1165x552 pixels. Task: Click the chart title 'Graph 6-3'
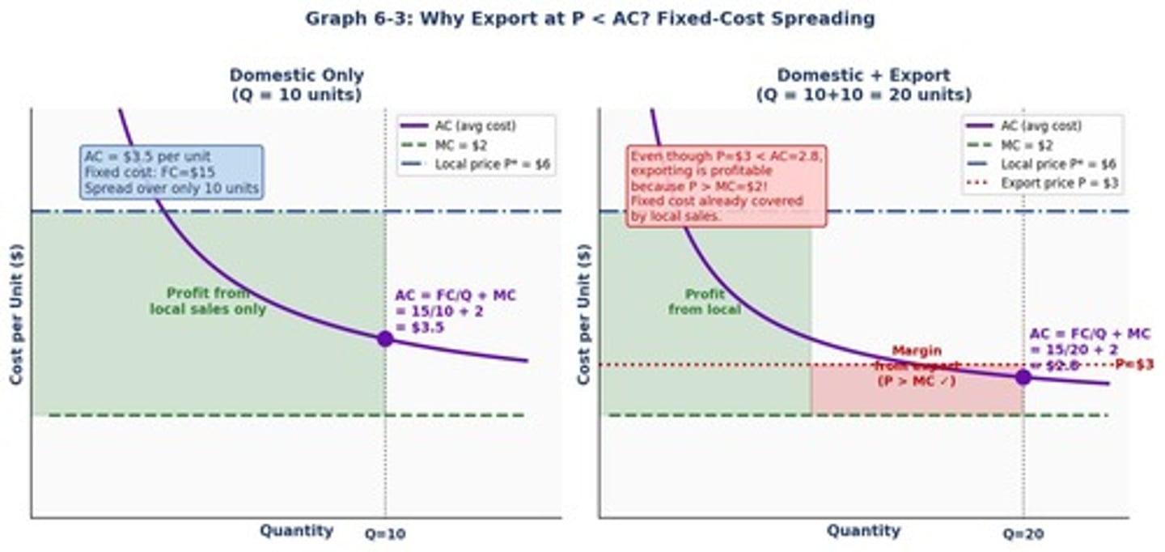coord(590,19)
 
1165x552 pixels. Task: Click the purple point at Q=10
coord(385,338)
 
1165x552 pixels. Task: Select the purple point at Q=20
coord(1023,376)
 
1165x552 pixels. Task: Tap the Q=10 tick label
coord(385,534)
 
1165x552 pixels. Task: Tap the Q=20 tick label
coord(1023,534)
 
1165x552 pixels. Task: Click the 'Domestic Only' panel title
coord(296,85)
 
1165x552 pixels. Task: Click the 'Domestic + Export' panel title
coord(863,85)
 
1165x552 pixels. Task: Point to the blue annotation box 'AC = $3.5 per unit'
coord(172,172)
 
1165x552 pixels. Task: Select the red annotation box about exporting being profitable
coord(727,185)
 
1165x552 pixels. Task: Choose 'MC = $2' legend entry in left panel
coord(461,145)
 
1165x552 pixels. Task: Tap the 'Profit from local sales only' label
coord(208,301)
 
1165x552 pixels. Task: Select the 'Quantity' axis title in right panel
coord(863,531)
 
